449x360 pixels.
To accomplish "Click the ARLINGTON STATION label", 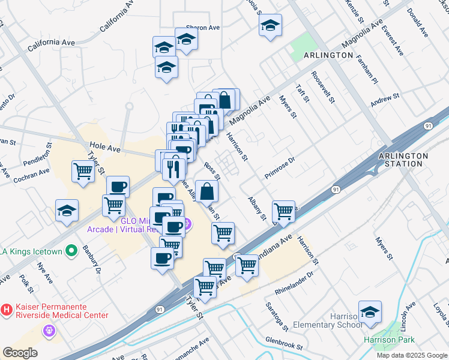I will coord(403,160).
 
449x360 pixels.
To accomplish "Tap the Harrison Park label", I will coord(389,340).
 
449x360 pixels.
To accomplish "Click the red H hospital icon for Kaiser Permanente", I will coord(7,310).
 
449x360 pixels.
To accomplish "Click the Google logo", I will coord(20,352).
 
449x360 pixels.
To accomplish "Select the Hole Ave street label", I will coord(105,145).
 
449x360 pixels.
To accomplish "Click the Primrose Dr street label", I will coord(280,169).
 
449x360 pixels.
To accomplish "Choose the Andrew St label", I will coord(385,101).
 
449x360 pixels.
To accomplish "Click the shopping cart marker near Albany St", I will coord(283,211).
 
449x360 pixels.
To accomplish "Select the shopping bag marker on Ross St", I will coord(206,191).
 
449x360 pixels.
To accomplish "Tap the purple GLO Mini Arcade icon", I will coord(188,224).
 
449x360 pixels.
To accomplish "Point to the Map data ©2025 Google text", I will coord(412,355).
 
